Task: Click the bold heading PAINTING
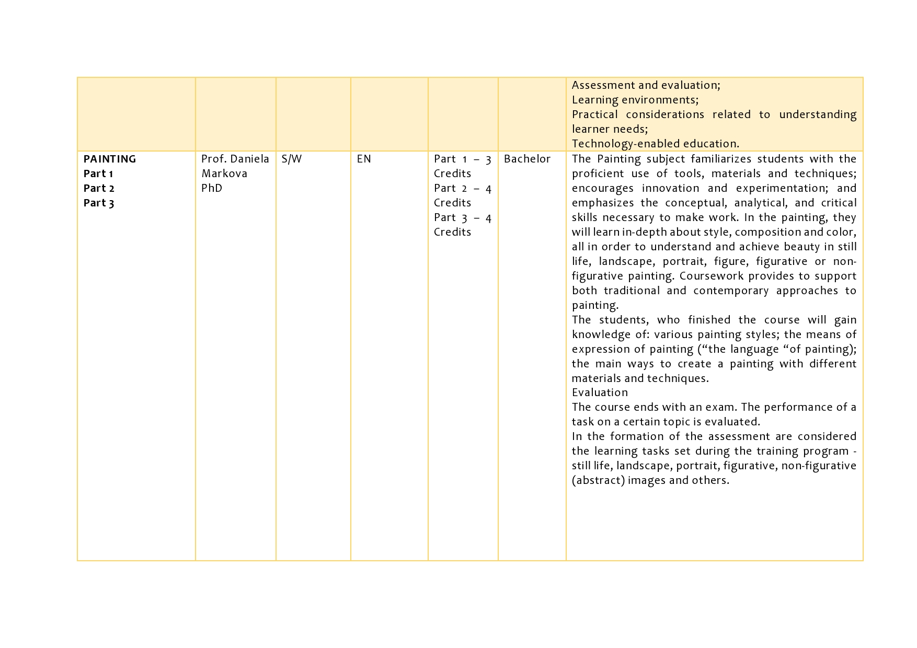point(110,159)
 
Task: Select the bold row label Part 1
point(98,173)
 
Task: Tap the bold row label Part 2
point(99,188)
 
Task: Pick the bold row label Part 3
point(99,203)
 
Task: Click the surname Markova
point(224,173)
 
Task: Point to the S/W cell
point(292,159)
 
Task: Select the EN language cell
point(364,159)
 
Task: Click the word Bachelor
point(527,159)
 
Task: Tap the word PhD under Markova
point(212,188)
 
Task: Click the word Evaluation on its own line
point(600,392)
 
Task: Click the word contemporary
point(731,291)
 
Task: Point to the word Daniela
point(250,159)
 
